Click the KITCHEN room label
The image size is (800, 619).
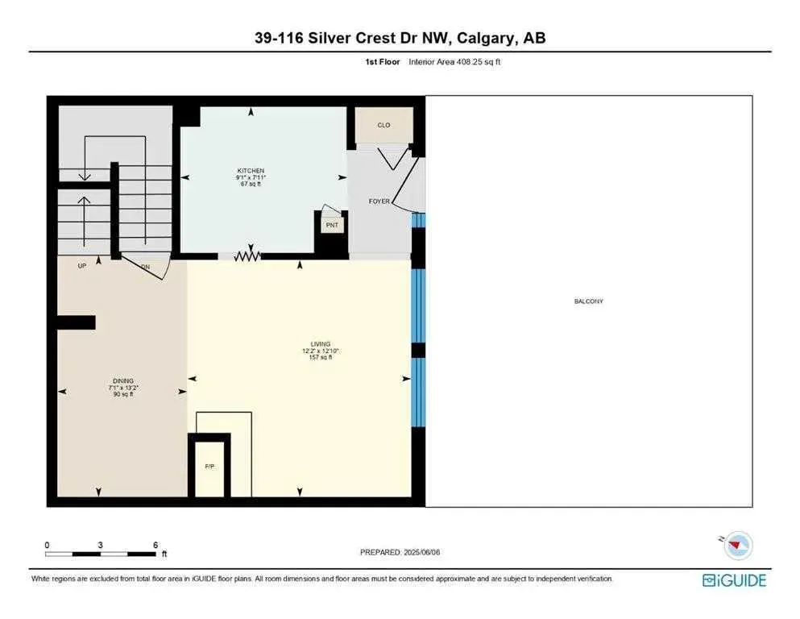coord(251,171)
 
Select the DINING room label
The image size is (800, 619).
coord(123,380)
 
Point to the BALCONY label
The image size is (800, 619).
coord(588,301)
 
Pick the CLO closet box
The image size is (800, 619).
coord(383,125)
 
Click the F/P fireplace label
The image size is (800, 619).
coord(209,466)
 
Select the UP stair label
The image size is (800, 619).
coord(81,266)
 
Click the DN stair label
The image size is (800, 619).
coord(145,266)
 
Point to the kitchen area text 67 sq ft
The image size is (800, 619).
coord(251,185)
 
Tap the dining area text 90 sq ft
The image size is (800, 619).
coord(123,394)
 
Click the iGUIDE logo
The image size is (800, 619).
coord(734,580)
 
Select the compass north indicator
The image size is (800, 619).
coord(733,546)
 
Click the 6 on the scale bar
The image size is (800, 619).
coord(155,544)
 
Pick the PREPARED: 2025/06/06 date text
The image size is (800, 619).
coord(400,552)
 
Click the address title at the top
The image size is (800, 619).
coord(400,38)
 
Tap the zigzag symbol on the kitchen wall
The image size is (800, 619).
coord(249,256)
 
